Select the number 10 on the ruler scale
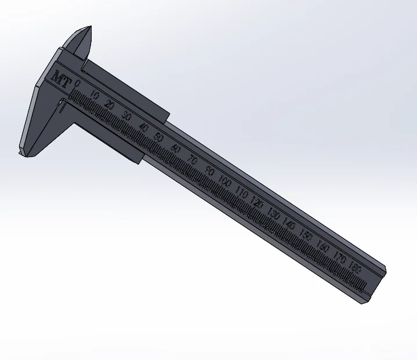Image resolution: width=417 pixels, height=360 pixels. point(95,96)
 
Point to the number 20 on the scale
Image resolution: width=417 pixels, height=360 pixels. point(110,105)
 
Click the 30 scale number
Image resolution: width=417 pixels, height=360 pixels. point(126,115)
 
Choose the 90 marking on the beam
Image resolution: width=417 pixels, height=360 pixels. point(210,172)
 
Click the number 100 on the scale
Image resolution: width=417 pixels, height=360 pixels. point(225,183)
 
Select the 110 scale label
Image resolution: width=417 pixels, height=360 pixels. point(242,194)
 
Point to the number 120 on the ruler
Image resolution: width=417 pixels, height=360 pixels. point(258,204)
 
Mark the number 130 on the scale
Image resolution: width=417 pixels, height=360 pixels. point(274,215)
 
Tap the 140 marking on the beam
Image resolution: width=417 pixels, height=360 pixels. point(290,226)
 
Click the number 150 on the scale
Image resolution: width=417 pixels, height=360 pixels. point(307,237)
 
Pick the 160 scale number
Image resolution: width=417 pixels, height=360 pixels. point(323,248)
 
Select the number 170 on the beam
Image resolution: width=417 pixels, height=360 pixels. point(340,258)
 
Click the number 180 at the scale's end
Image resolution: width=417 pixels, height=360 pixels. point(356,268)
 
